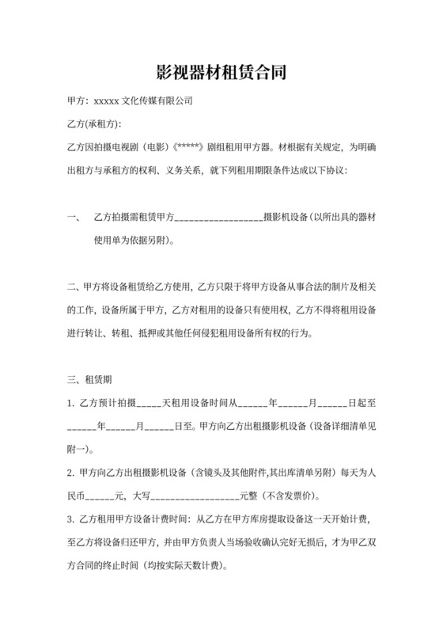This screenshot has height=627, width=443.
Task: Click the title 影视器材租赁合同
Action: click(221, 74)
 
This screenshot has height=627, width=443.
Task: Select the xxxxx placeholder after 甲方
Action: click(105, 101)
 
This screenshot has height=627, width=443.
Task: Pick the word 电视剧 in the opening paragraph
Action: click(131, 147)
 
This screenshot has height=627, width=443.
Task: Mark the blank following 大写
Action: click(192, 496)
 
